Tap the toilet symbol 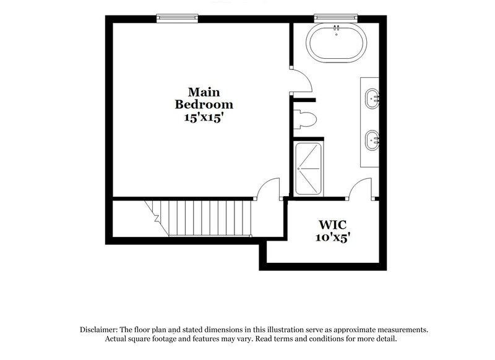click(x=306, y=118)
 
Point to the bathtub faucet click(x=337, y=28)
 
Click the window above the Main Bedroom click(x=178, y=18)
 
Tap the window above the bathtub click(x=337, y=18)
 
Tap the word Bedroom click(x=204, y=104)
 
